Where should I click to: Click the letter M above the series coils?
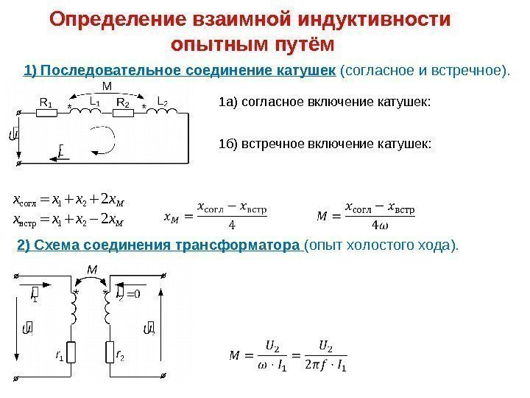(x=107, y=85)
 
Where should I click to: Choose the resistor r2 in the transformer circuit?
(x=111, y=355)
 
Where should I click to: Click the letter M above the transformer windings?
(x=92, y=270)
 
